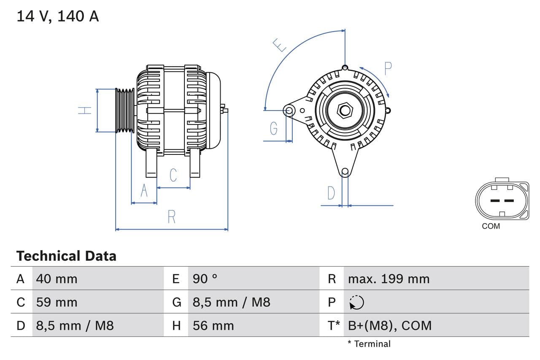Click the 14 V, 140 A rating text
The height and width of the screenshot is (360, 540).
58,16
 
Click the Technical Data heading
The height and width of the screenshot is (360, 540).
66,256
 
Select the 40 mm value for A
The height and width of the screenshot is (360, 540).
57,279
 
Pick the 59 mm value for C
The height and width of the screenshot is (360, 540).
57,302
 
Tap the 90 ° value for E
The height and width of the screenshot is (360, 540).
205,279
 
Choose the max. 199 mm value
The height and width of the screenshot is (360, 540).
389,279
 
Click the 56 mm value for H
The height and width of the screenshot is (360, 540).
213,325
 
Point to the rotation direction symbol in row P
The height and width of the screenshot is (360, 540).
356,302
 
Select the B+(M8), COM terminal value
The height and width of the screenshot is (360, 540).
390,325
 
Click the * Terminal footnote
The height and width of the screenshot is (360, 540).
369,344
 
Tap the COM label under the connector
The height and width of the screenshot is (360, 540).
491,226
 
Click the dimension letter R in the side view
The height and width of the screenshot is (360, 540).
171,217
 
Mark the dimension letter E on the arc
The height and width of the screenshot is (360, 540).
279,45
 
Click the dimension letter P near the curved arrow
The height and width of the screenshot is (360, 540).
388,68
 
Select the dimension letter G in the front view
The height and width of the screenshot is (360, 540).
274,128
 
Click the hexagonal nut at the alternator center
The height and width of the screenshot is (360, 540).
345,111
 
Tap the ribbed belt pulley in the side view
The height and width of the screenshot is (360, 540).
125,111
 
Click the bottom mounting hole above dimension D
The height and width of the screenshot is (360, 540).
345,171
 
